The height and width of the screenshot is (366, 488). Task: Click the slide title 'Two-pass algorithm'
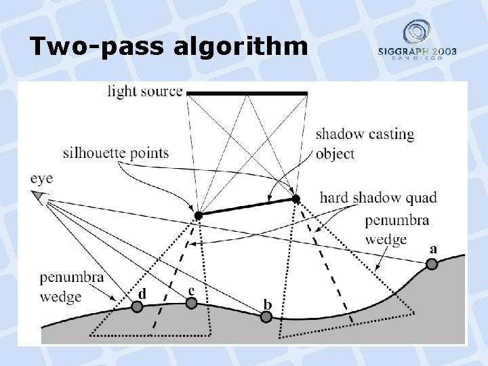[167, 47]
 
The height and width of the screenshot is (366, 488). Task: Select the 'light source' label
[145, 91]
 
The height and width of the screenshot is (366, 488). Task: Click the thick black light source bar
[247, 93]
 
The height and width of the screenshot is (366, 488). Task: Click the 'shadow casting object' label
[365, 144]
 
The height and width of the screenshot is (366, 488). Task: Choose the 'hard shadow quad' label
[378, 197]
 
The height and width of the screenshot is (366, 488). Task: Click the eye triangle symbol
[39, 197]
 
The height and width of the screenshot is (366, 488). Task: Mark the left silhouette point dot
[198, 216]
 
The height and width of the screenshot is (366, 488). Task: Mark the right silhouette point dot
[296, 199]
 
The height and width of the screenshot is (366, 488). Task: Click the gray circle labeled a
[432, 264]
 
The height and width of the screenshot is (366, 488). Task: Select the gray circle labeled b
[267, 317]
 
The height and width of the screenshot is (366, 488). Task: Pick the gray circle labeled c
[192, 303]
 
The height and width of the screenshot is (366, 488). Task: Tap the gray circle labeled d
[137, 307]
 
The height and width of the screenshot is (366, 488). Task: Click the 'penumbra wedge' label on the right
[396, 230]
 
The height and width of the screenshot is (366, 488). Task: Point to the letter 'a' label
[433, 249]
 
